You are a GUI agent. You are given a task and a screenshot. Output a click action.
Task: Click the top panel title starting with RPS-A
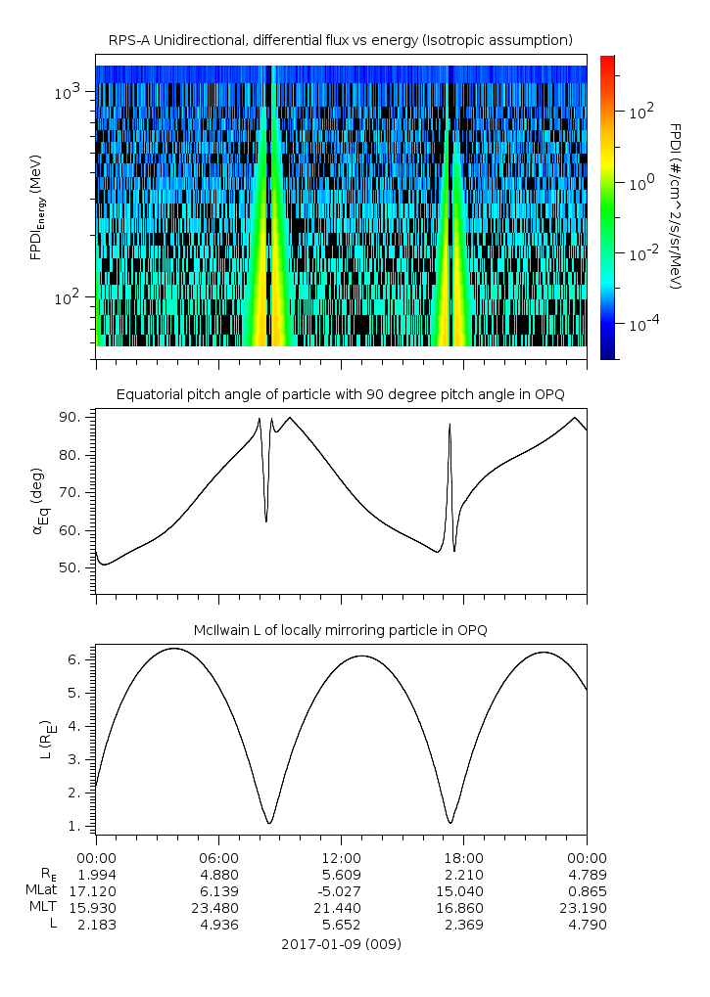pyautogui.click(x=340, y=40)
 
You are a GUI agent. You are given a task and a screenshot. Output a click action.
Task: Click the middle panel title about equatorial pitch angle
pyautogui.click(x=340, y=394)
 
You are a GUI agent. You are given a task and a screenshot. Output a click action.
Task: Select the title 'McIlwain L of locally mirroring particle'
pyautogui.click(x=340, y=630)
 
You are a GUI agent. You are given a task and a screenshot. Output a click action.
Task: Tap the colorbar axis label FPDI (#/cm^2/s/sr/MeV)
pyautogui.click(x=676, y=206)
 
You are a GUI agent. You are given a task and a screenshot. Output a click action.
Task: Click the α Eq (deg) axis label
pyautogui.click(x=37, y=504)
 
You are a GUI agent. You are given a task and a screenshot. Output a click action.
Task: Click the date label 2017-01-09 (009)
pyautogui.click(x=341, y=944)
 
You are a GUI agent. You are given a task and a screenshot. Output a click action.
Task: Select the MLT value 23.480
pyautogui.click(x=218, y=908)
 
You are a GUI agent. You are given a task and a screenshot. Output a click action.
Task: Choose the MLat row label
pyautogui.click(x=43, y=890)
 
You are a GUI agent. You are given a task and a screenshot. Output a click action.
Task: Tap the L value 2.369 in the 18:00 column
pyautogui.click(x=463, y=926)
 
